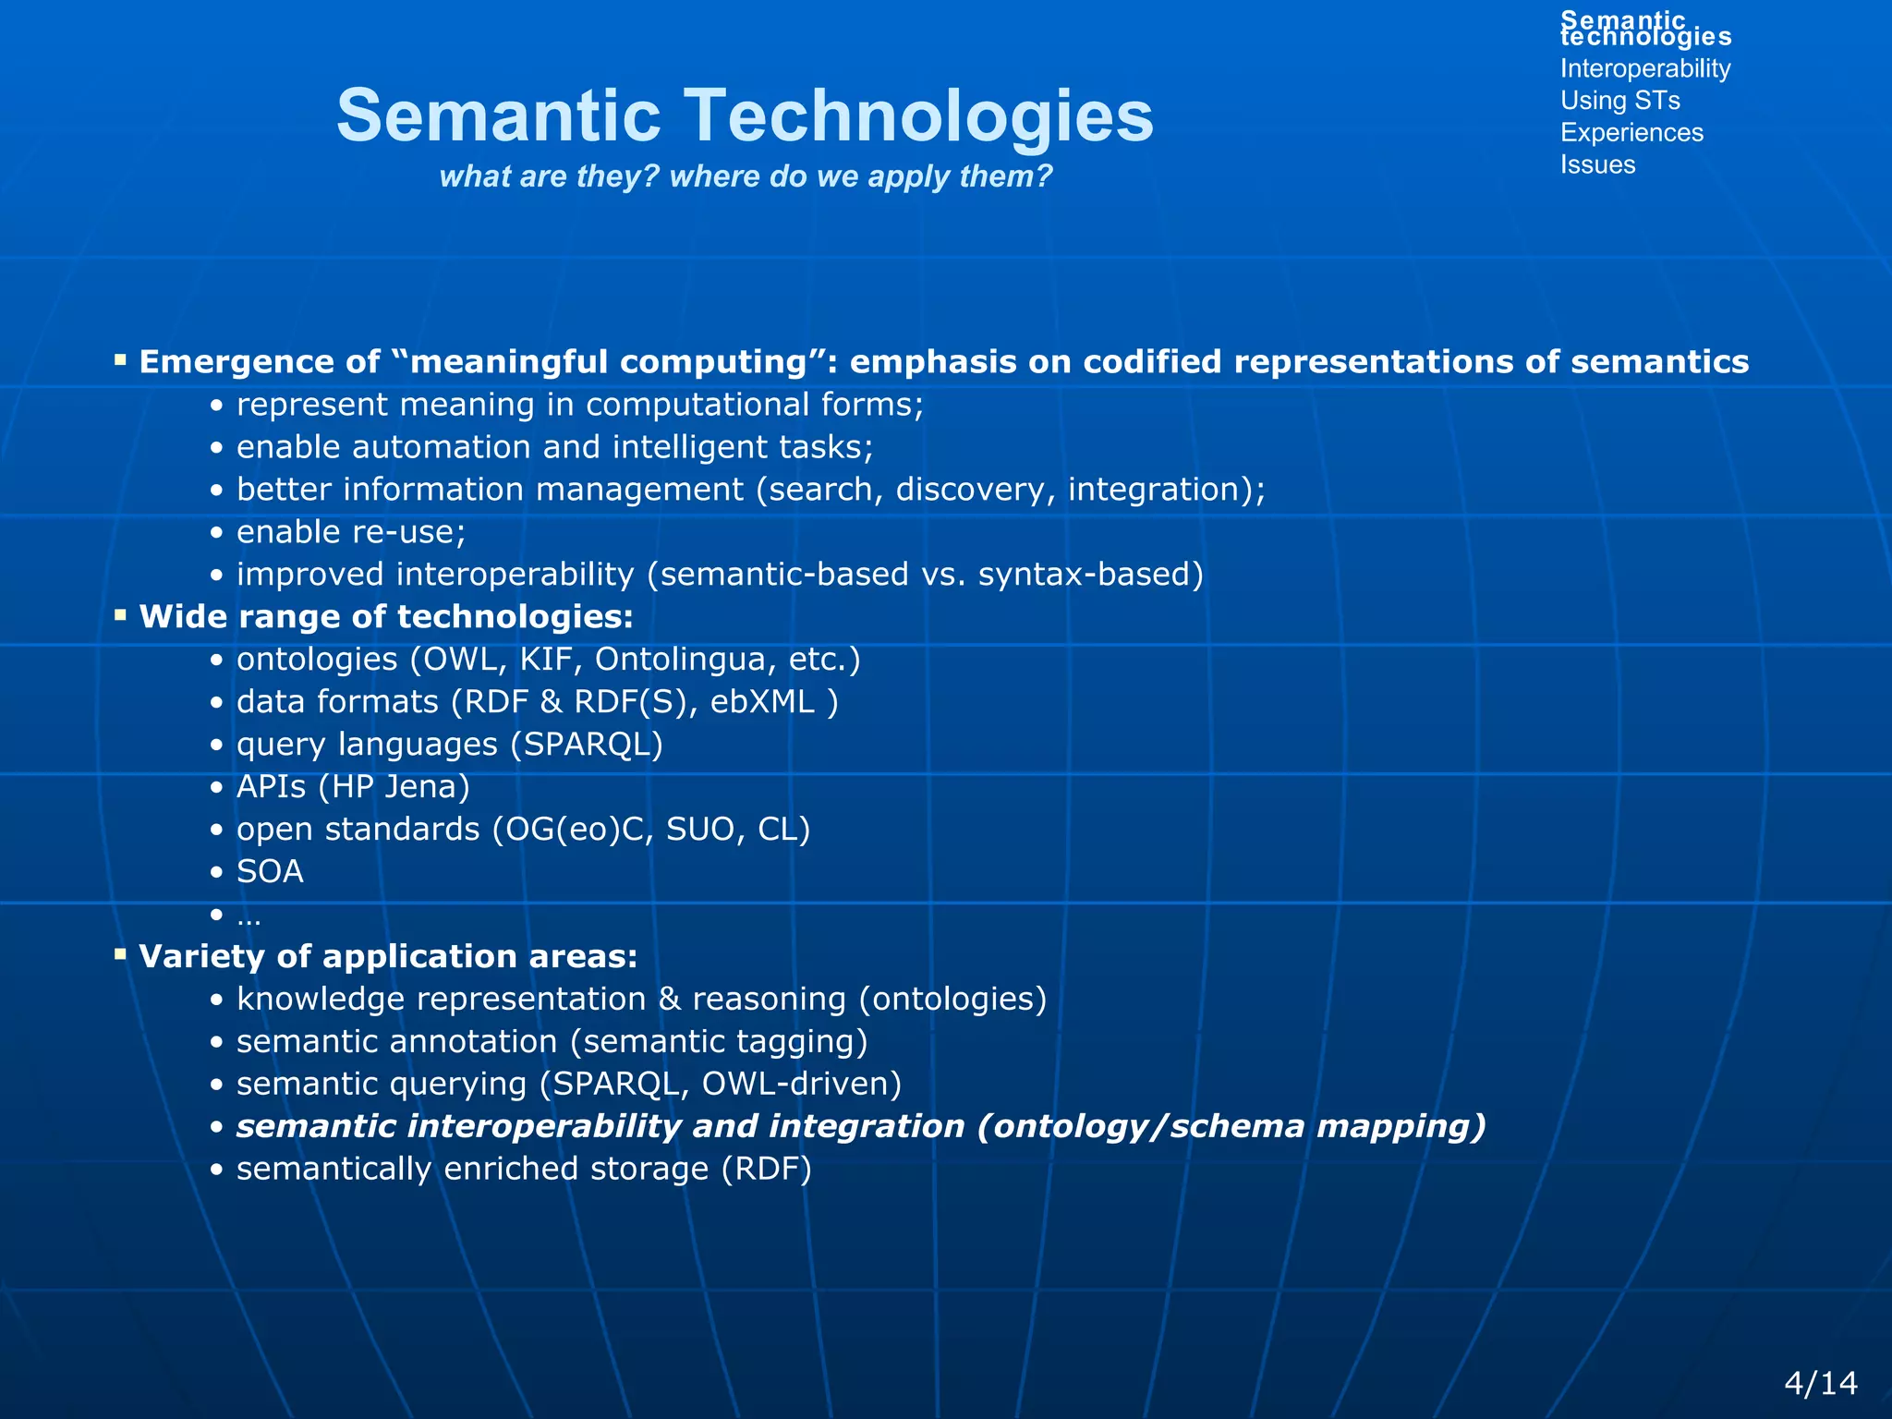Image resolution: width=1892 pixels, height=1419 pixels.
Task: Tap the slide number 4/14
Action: [1820, 1383]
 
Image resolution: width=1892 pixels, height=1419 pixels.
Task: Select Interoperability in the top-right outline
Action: [1644, 68]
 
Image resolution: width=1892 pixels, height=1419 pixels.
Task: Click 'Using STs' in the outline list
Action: [1619, 101]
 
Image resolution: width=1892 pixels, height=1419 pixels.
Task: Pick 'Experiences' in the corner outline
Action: [1631, 133]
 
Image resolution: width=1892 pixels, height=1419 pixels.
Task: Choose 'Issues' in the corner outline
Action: [1597, 164]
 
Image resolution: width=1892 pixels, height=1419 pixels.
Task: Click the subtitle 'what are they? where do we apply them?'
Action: [746, 176]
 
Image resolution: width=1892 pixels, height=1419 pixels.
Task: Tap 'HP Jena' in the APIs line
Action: [394, 787]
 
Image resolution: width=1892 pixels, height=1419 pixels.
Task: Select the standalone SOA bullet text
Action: [270, 872]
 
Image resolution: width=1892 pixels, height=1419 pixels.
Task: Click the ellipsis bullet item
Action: [248, 916]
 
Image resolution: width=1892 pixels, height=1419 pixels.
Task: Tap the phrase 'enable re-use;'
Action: [351, 532]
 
